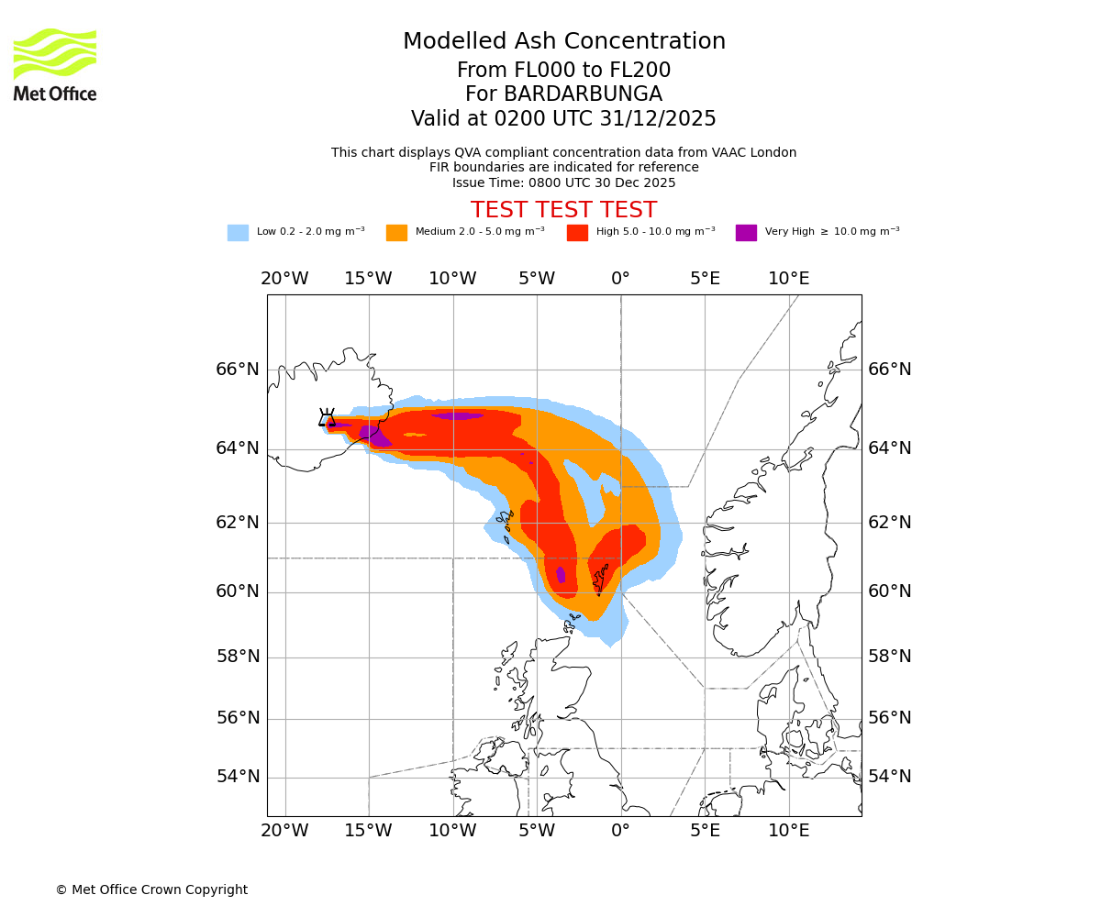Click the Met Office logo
coord(55,64)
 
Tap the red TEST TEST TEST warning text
coord(563,210)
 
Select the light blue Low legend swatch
coord(238,232)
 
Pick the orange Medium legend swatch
coord(396,232)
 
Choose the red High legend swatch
coord(577,232)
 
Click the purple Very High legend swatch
coord(746,232)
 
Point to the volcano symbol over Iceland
coord(327,419)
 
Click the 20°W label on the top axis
coord(284,279)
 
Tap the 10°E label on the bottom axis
coord(788,831)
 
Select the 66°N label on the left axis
coord(238,370)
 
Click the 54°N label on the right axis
coord(890,777)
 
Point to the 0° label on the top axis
coord(621,279)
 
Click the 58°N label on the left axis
coord(238,656)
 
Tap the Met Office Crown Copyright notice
coord(151,889)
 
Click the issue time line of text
coord(563,182)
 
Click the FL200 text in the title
coord(639,71)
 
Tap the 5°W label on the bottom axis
coord(537,831)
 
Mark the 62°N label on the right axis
coord(890,523)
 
